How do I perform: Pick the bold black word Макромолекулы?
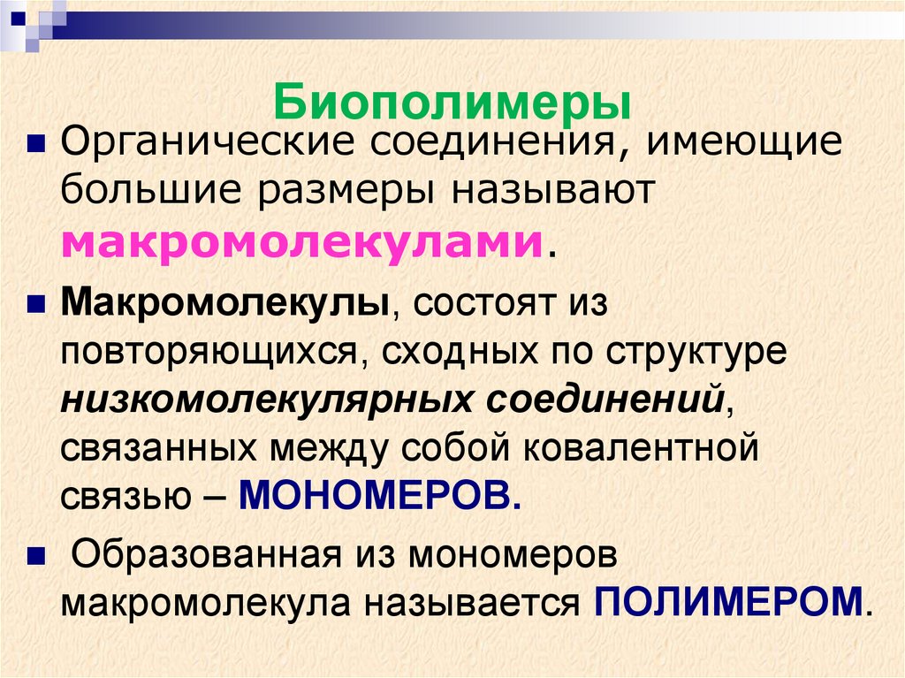point(227,306)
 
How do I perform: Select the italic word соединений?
point(602,401)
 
